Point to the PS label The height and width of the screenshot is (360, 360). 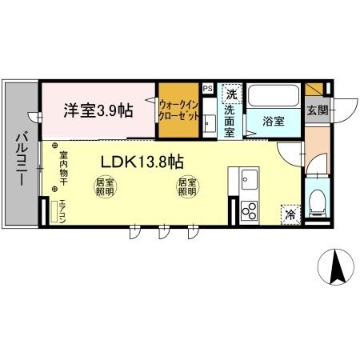(x=207, y=89)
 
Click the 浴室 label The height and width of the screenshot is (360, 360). (x=274, y=121)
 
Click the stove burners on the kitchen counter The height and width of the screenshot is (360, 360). (x=249, y=210)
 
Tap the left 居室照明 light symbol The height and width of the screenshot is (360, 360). (x=105, y=186)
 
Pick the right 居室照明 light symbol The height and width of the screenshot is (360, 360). (x=186, y=186)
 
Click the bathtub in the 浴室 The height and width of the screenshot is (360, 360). (x=272, y=97)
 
